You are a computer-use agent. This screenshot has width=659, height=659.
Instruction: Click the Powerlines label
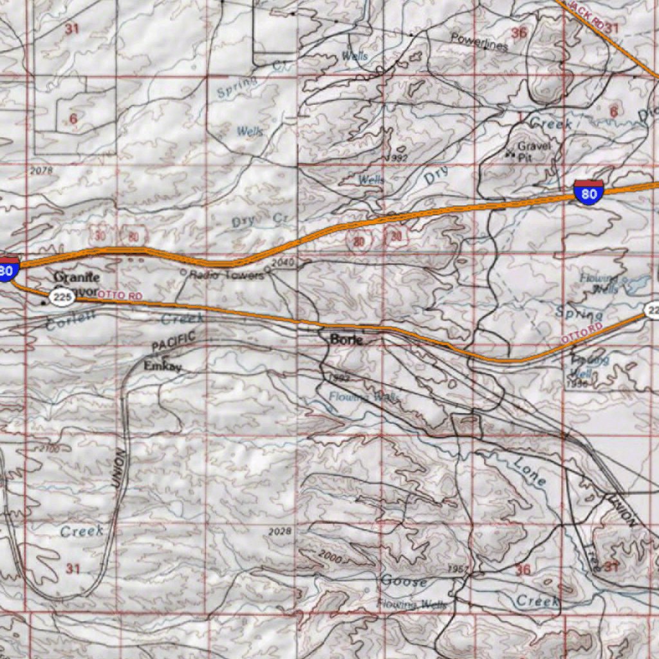pos(479,42)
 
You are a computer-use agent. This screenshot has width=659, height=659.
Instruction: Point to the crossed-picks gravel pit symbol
pos(511,154)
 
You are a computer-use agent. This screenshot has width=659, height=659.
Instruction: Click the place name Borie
pos(346,339)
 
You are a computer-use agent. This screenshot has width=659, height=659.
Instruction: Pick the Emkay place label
pos(162,366)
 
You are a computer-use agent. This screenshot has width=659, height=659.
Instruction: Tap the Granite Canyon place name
pos(77,283)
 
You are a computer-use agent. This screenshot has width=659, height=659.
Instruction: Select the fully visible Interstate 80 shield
pos(588,192)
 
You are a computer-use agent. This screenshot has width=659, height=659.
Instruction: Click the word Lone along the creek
pos(530,472)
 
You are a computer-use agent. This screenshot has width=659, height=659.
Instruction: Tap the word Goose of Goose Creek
pos(404,581)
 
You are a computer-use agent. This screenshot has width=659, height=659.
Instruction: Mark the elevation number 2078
pos(41,171)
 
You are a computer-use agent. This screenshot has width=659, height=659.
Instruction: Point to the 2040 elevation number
pos(281,263)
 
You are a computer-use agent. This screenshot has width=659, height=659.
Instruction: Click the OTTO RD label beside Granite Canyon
pos(120,295)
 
